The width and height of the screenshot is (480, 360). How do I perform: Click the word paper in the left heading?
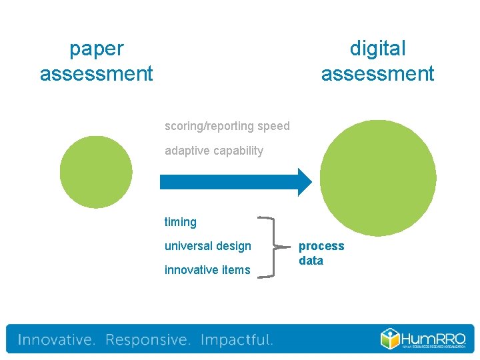click(x=97, y=49)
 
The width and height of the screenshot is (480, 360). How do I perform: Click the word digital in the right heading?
click(x=377, y=49)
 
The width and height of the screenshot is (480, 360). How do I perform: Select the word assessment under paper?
click(x=97, y=73)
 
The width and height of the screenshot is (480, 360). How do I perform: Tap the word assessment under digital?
click(x=377, y=73)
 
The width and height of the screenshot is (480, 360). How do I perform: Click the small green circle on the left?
click(x=96, y=172)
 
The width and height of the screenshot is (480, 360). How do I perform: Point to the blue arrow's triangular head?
click(x=303, y=181)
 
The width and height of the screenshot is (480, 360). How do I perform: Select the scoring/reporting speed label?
click(x=227, y=126)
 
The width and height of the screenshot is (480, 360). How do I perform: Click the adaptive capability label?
click(x=213, y=151)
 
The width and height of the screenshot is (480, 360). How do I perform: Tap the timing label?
click(x=181, y=222)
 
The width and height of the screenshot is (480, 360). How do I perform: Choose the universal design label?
click(x=208, y=246)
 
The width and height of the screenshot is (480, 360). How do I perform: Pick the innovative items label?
click(x=207, y=270)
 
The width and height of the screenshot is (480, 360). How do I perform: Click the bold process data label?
click(x=321, y=253)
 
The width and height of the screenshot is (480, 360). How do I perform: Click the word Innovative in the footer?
click(x=57, y=340)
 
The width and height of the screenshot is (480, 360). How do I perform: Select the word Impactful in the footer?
click(x=237, y=340)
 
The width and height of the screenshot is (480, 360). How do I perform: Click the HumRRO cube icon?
click(x=391, y=338)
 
